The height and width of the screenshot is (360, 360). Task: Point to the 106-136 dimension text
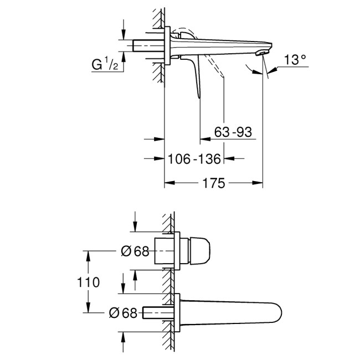coord(194,159)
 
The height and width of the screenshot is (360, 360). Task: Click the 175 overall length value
coord(213,183)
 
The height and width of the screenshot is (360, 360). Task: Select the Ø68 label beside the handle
coord(135,251)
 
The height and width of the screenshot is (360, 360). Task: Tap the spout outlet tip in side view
coord(260,53)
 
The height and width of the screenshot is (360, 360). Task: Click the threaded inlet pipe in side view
coord(147,45)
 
